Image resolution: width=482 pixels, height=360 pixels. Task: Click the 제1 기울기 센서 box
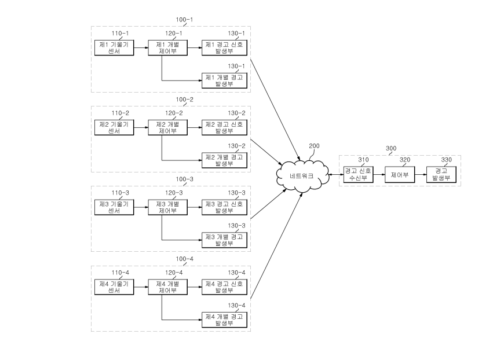114,48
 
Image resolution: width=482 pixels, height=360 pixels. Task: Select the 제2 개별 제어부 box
168,128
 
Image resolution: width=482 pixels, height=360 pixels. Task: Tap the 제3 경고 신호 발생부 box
224,207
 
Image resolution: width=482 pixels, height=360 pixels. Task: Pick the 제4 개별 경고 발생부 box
224,320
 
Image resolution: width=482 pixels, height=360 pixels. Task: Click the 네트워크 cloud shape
302,176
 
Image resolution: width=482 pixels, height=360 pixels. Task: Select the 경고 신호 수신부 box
358,174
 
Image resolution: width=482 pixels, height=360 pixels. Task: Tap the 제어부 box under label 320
400,174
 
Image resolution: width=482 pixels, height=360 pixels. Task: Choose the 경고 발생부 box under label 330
441,174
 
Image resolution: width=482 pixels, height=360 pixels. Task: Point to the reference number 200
314,146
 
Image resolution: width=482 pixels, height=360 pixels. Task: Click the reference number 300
391,148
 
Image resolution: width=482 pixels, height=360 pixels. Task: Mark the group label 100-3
184,179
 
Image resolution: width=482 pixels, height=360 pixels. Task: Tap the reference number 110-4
120,273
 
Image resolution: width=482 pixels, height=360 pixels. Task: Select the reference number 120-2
174,113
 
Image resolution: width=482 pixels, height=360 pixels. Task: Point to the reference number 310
363,160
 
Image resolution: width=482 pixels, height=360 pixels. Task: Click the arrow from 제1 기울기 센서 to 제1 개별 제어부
141,48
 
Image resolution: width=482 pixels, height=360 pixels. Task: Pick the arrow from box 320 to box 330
421,174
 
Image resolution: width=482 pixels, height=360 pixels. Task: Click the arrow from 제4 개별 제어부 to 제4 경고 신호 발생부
195,287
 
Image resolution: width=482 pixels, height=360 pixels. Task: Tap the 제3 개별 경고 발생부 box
224,240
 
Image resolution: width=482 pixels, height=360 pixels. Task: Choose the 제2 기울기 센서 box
114,128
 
